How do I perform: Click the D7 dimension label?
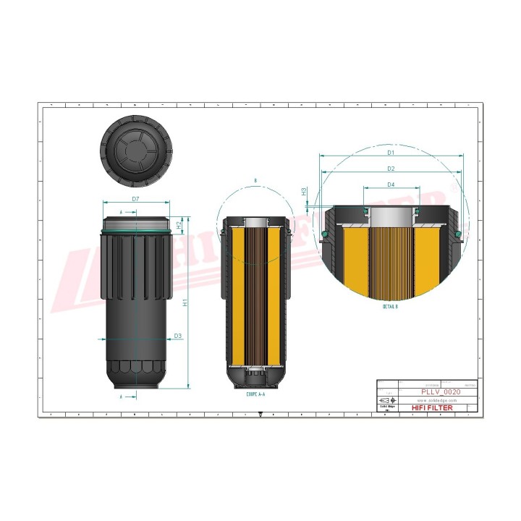pos(135,199)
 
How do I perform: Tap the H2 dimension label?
pos(179,224)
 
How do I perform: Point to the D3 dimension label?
pos(178,336)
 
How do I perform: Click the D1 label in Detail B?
pos(390,153)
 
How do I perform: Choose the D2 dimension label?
pos(390,169)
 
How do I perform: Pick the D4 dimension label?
pos(390,185)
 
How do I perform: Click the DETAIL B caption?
pos(390,307)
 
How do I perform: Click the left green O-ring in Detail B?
pos(327,234)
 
